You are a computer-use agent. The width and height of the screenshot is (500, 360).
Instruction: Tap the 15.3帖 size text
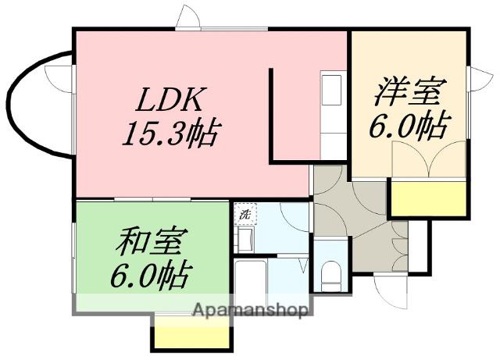(x=170, y=134)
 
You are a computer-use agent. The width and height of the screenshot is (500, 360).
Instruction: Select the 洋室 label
(x=406, y=92)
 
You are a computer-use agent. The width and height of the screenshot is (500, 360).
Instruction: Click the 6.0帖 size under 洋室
(x=407, y=127)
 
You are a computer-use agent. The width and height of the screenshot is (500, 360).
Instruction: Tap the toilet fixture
(x=330, y=273)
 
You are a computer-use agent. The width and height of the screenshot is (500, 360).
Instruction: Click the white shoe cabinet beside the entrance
(x=421, y=246)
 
